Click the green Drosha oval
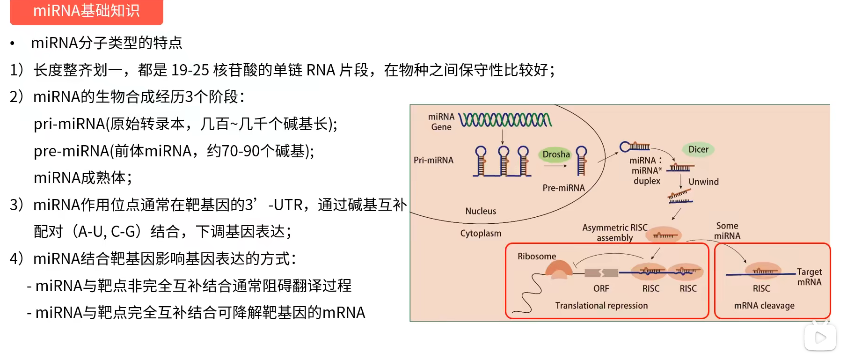tap(556, 154)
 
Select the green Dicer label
tap(698, 149)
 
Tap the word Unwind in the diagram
tap(703, 182)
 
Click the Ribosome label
tap(537, 256)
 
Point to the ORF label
tap(601, 288)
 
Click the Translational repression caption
tap(602, 306)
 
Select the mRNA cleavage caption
tap(764, 306)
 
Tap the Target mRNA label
tap(810, 277)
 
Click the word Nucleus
tap(481, 211)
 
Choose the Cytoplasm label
tap(481, 233)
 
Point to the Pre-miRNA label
tap(563, 188)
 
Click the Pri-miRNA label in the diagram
tap(433, 160)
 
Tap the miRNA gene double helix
tap(505, 120)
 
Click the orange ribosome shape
tap(559, 269)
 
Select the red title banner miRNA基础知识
tap(87, 12)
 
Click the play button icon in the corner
tap(820, 337)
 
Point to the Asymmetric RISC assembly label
tap(615, 233)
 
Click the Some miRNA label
tap(727, 231)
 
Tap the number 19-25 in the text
tap(190, 70)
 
